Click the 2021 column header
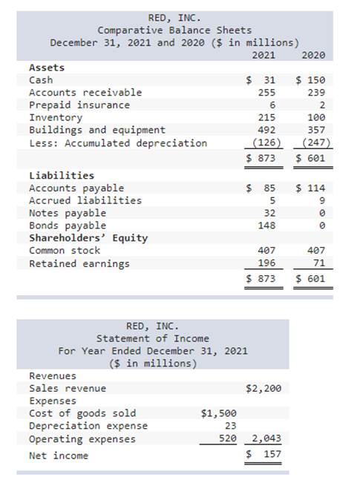[x=264, y=55]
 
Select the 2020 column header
[x=314, y=55]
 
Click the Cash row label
[x=41, y=80]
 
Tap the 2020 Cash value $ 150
[x=312, y=80]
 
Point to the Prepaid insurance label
[x=79, y=105]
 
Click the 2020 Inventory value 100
[x=317, y=118]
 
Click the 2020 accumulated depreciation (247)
[x=314, y=143]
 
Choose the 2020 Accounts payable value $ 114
[x=312, y=188]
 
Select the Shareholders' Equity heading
[x=88, y=238]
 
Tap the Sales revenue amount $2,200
[x=263, y=388]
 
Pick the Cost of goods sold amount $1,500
[x=219, y=413]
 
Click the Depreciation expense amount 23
[x=230, y=426]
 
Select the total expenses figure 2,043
[x=265, y=438]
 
